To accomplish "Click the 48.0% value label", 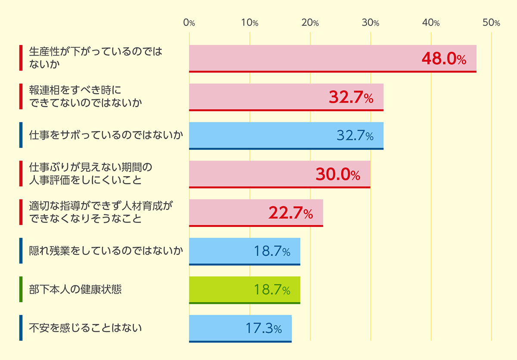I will tap(444, 59).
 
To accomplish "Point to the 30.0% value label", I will tap(338, 175).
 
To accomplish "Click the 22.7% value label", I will tap(290, 213).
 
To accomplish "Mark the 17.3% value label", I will tap(264, 329).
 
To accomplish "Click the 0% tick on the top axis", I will tap(189, 23).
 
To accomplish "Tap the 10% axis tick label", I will tap(249, 23).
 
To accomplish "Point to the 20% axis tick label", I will tap(310, 23).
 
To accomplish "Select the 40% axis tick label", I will tap(431, 23).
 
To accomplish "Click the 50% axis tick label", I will tap(491, 23).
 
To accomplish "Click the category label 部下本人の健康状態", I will tap(75, 289).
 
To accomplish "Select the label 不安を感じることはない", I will tap(85, 328).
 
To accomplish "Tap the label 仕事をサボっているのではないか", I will tap(106, 135).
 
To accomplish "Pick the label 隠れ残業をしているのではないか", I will tap(106, 251).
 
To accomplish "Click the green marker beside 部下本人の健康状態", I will tap(21, 289).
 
